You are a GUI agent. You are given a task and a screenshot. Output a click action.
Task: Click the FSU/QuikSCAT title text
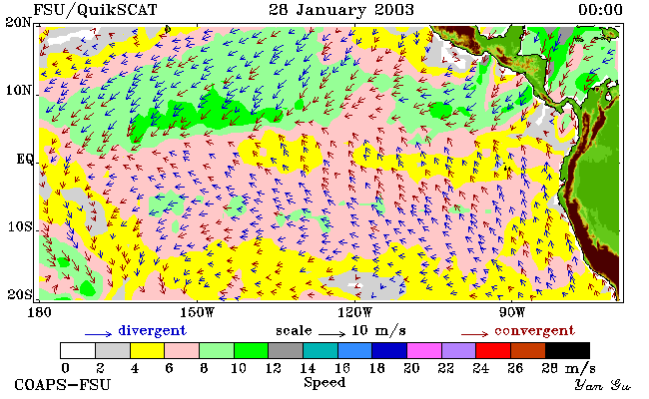pyautogui.click(x=95, y=10)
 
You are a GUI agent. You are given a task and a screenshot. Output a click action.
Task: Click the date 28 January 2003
pyautogui.click(x=341, y=10)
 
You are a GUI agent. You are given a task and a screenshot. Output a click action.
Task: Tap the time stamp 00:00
pyautogui.click(x=600, y=10)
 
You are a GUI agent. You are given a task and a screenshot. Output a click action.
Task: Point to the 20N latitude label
pyautogui.click(x=18, y=22)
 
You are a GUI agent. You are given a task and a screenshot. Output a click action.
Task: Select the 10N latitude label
pyautogui.click(x=18, y=90)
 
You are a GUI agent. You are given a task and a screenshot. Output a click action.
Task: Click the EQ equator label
pyautogui.click(x=24, y=159)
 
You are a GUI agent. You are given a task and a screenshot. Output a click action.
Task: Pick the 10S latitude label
pyautogui.click(x=19, y=226)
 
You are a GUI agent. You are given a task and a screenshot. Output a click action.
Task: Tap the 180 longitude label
pyautogui.click(x=39, y=312)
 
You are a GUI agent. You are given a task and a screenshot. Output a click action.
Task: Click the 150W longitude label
pyautogui.click(x=198, y=312)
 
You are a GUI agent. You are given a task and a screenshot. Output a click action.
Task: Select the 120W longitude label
pyautogui.click(x=355, y=312)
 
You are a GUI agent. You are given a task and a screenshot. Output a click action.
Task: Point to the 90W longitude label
pyautogui.click(x=512, y=312)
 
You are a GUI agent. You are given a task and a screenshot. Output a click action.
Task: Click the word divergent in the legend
pyautogui.click(x=153, y=331)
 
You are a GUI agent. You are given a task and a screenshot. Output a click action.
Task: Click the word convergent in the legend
pyautogui.click(x=534, y=331)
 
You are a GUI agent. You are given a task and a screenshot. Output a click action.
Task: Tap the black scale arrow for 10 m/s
pyautogui.click(x=331, y=333)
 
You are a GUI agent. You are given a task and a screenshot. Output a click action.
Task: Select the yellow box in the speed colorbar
pyautogui.click(x=148, y=350)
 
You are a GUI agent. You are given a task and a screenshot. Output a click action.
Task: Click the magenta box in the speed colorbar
pyautogui.click(x=423, y=350)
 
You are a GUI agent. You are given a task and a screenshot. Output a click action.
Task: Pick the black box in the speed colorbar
pyautogui.click(x=567, y=350)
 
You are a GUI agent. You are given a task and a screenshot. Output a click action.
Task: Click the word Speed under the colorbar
pyautogui.click(x=324, y=383)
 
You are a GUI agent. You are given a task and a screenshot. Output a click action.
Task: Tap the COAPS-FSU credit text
pyautogui.click(x=63, y=384)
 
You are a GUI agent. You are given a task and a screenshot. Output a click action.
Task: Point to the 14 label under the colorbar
pyautogui.click(x=308, y=368)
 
